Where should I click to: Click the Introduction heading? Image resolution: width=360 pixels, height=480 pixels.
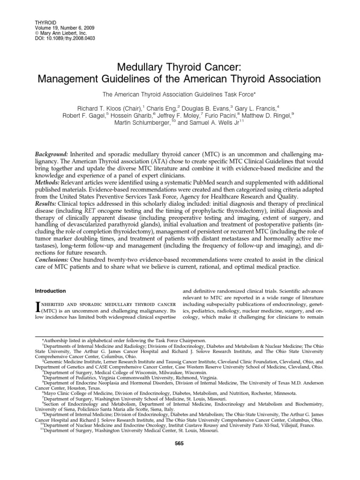point(52,291)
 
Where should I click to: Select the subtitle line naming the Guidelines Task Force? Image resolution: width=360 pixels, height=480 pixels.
point(180,94)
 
